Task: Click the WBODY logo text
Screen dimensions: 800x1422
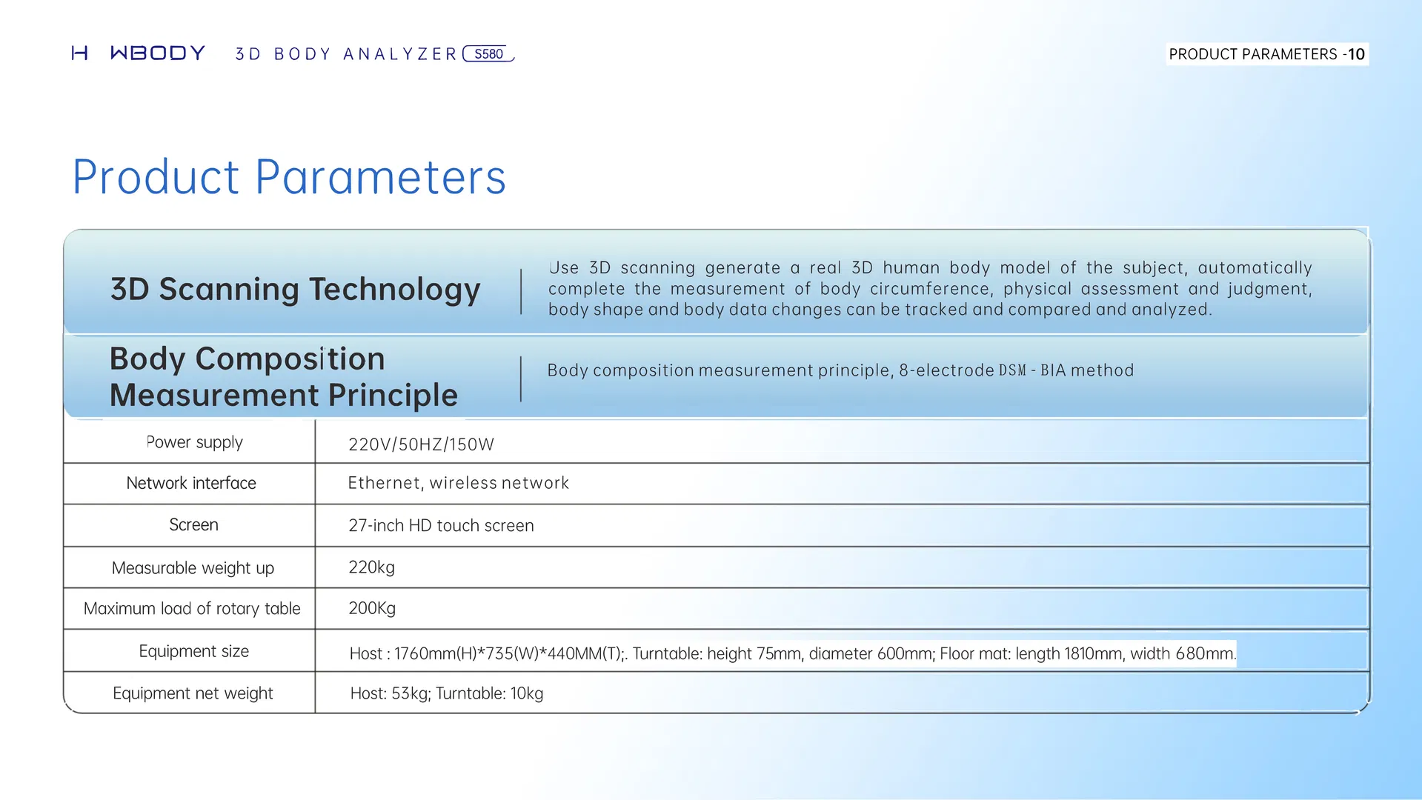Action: (157, 53)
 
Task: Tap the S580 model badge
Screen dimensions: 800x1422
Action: (488, 54)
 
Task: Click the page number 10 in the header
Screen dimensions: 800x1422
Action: (1356, 54)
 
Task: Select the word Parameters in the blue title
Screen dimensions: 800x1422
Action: (381, 178)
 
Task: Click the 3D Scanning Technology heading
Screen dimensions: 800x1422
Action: (295, 289)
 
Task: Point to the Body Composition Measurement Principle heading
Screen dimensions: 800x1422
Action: (283, 376)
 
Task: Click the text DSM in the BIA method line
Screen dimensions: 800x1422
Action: (1012, 370)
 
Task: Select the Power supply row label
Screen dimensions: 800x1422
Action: (194, 442)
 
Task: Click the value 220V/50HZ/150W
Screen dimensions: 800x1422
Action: (421, 444)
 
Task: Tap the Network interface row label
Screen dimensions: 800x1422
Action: (191, 483)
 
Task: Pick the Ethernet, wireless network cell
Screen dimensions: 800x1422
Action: (458, 483)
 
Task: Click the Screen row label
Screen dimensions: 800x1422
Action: (193, 524)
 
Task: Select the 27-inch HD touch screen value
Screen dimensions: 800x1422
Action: (441, 525)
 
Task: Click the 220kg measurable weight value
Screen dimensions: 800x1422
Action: (371, 567)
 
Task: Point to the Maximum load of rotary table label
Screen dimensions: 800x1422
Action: (192, 608)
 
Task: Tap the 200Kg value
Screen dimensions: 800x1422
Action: (372, 608)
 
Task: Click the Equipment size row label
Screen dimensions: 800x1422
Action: (193, 651)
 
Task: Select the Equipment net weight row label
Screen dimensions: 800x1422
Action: (193, 693)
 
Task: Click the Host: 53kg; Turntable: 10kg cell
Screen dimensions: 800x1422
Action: (446, 693)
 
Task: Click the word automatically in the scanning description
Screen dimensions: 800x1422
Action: (1255, 268)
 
